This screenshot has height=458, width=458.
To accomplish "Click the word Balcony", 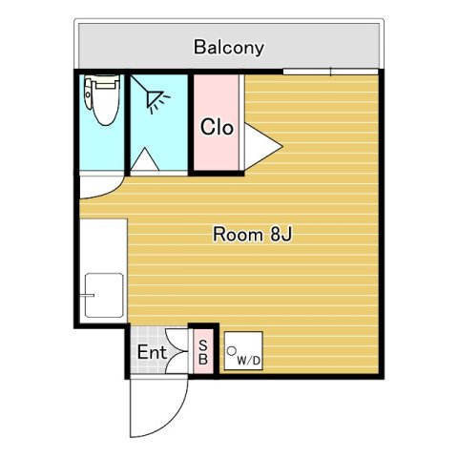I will [x=228, y=46].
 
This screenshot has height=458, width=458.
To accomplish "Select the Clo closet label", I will [x=217, y=126].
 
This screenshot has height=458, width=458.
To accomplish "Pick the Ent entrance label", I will [x=151, y=353].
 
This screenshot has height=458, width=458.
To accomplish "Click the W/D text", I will [x=249, y=361].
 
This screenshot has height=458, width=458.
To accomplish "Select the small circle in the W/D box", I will [x=232, y=350].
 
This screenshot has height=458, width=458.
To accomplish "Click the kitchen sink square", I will [x=102, y=297].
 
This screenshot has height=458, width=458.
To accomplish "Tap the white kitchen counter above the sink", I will [x=102, y=243].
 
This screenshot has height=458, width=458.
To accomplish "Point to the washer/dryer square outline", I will [x=243, y=351].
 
